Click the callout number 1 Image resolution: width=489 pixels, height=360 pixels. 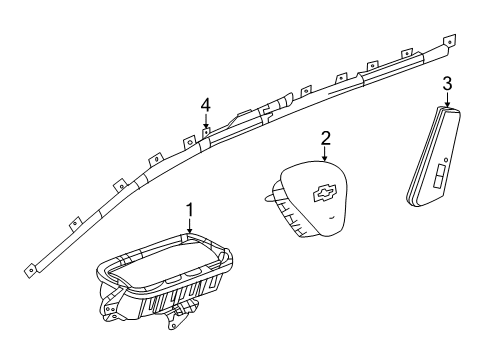tap(190, 211)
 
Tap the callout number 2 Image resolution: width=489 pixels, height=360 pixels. tap(325, 138)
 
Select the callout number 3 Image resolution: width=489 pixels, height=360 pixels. tap(447, 83)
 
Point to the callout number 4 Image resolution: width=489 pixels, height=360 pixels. tap(206, 106)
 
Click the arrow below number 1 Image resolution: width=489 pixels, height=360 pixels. tap(190, 226)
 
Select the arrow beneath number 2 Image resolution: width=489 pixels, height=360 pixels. tap(325, 154)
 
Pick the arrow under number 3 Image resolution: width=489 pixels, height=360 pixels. tap(447, 99)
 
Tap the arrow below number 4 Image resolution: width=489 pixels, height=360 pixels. tap(206, 121)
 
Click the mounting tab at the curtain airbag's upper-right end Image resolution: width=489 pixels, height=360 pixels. tap(449, 41)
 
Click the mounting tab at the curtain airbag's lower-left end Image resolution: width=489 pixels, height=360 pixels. tap(30, 270)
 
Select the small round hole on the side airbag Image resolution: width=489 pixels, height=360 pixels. tap(446, 160)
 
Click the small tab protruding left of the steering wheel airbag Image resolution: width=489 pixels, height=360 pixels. tap(269, 199)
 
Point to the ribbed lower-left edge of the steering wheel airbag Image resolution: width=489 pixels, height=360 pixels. tap(289, 213)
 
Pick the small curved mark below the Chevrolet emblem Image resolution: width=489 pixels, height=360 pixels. tap(332, 218)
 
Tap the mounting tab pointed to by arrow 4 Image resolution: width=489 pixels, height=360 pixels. tap(207, 133)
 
